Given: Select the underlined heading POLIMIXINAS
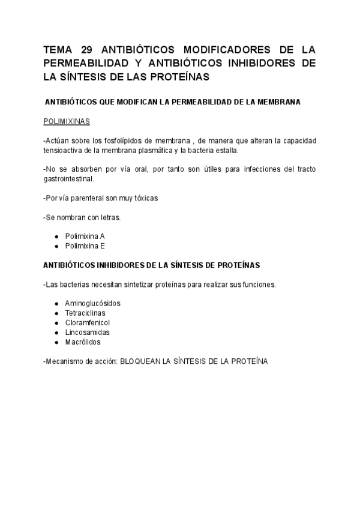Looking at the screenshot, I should [x=67, y=121].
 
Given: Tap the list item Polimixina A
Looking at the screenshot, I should [x=85, y=236].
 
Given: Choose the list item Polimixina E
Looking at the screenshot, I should [x=85, y=245].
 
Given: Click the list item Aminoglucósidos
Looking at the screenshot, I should [x=92, y=303].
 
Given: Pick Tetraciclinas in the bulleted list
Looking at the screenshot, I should [x=86, y=313].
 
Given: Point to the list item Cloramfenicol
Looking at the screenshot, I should [x=88, y=322].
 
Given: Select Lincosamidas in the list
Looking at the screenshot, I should [x=87, y=332].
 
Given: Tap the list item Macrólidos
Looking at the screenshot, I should [x=83, y=342].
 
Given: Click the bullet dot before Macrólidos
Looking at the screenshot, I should [x=56, y=342].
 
